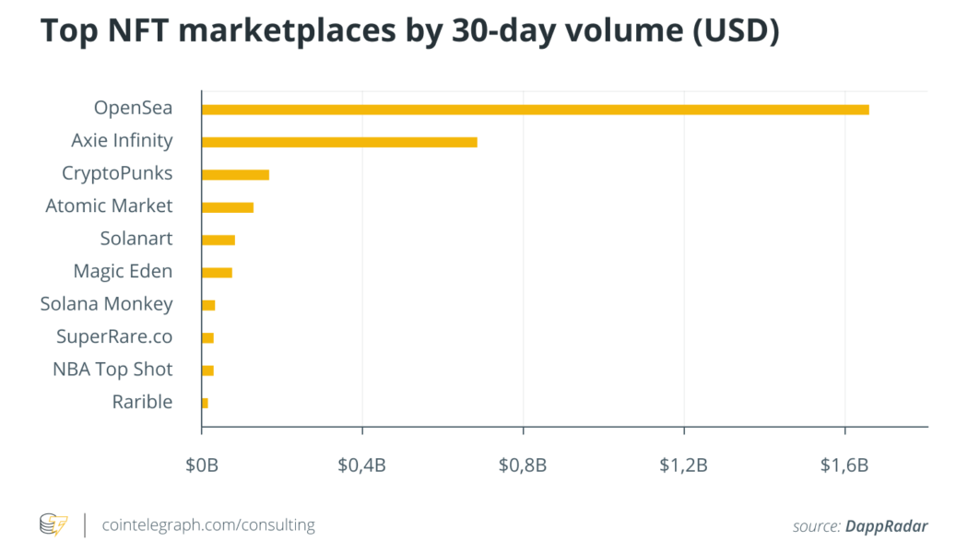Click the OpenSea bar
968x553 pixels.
pos(535,110)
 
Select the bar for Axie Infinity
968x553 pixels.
pos(339,142)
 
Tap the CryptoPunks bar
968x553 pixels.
pos(235,175)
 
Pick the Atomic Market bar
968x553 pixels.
pos(227,207)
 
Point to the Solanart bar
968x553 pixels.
pos(218,240)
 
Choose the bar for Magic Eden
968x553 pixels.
pos(217,272)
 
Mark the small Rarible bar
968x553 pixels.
pos(205,403)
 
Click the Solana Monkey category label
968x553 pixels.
pos(106,304)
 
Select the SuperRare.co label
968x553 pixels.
pos(113,336)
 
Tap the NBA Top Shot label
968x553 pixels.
pos(112,370)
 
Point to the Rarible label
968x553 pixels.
pos(142,402)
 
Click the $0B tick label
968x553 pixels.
pos(201,465)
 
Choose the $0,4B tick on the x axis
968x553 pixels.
pos(362,465)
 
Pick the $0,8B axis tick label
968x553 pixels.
pos(523,465)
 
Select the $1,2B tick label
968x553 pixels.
pos(683,465)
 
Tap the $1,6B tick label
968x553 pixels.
pos(844,465)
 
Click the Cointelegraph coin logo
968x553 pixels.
pos(53,524)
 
